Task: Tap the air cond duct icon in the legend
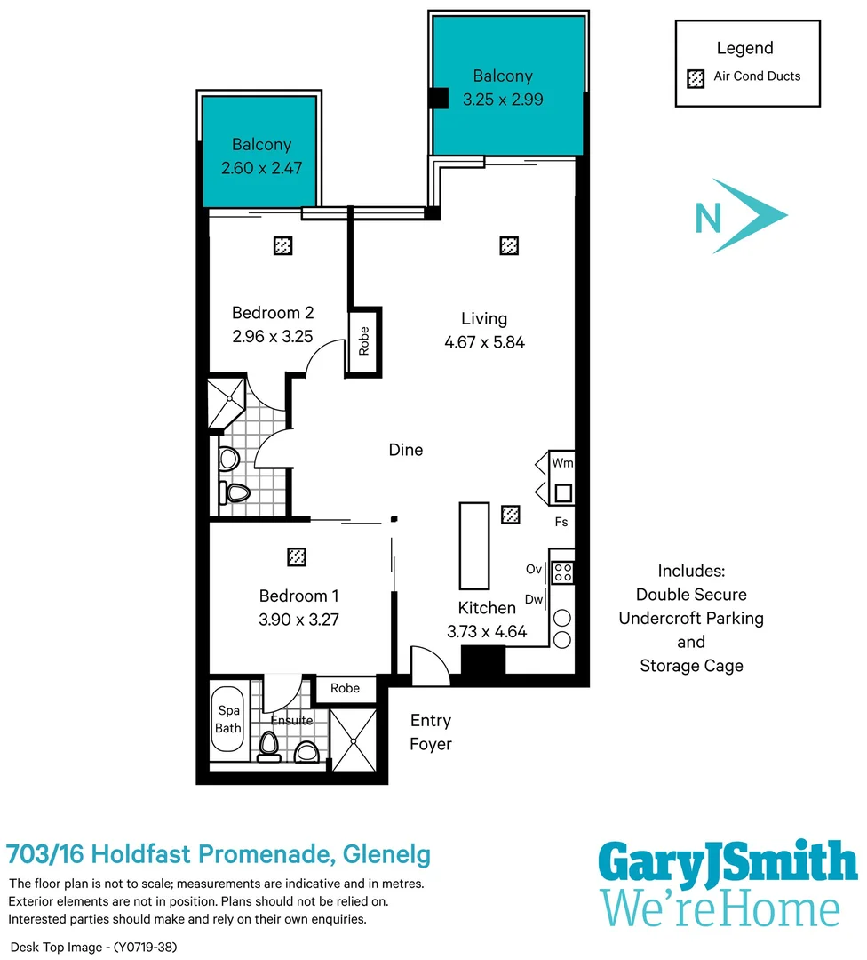pyautogui.click(x=696, y=77)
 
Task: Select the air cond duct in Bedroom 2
pyautogui.click(x=282, y=245)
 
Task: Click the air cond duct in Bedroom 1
pyautogui.click(x=297, y=556)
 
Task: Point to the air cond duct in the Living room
pyautogui.click(x=508, y=245)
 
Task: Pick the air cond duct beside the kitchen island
pyautogui.click(x=511, y=514)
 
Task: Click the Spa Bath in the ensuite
pyautogui.click(x=229, y=719)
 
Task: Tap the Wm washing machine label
pyautogui.click(x=561, y=463)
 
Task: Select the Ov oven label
pyautogui.click(x=534, y=569)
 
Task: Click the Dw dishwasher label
pyautogui.click(x=534, y=600)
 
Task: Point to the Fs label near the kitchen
pyautogui.click(x=561, y=523)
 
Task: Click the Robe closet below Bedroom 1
pyautogui.click(x=345, y=688)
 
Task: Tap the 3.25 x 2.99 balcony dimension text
pyautogui.click(x=503, y=100)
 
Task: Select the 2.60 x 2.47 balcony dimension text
pyautogui.click(x=262, y=167)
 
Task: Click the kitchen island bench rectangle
pyautogui.click(x=473, y=546)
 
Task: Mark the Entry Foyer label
pyautogui.click(x=431, y=732)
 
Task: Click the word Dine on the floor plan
pyautogui.click(x=406, y=450)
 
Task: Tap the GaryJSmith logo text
pyautogui.click(x=726, y=861)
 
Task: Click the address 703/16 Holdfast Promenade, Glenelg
pyautogui.click(x=219, y=855)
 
